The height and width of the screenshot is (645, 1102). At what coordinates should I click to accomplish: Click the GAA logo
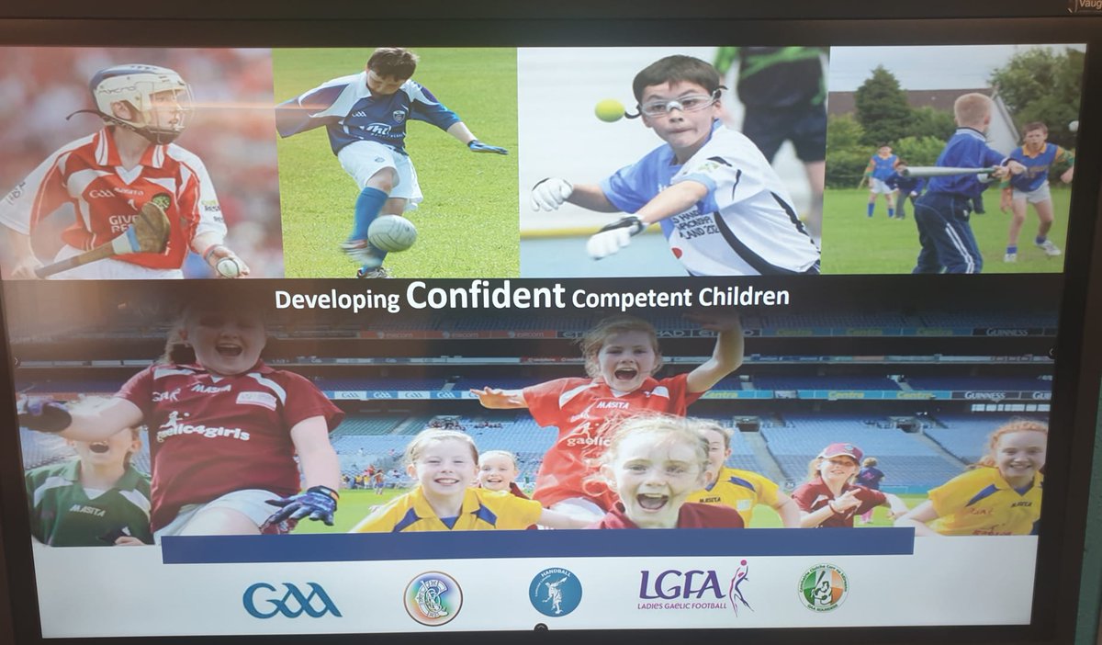click(x=292, y=599)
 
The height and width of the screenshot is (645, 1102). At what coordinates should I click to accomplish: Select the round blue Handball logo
click(x=555, y=592)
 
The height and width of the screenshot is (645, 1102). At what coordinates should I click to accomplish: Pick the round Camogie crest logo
click(x=433, y=597)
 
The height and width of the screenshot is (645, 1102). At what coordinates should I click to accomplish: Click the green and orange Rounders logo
click(x=822, y=588)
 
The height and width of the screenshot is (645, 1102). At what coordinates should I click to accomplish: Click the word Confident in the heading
click(x=485, y=296)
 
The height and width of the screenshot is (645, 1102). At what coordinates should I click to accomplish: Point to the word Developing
click(x=337, y=300)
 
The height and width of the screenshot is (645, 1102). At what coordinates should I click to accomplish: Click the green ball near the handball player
click(x=610, y=110)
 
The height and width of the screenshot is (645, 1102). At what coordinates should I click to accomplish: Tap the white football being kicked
click(x=392, y=233)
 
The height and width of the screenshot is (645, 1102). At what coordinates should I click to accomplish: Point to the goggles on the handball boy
click(x=679, y=105)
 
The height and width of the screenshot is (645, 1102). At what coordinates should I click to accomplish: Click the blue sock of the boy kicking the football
click(x=367, y=213)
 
